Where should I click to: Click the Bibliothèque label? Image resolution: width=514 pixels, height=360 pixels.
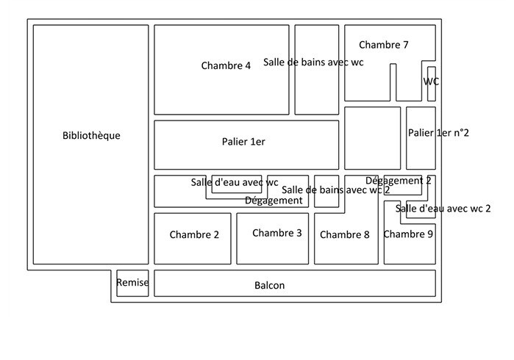click(x=91, y=136)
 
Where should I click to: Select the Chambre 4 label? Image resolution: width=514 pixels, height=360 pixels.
click(x=226, y=65)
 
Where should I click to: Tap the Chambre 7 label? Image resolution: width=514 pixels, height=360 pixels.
click(x=384, y=45)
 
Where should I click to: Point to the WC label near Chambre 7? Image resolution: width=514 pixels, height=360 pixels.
click(x=432, y=82)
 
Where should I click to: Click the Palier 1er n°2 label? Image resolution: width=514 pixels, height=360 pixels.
click(x=438, y=133)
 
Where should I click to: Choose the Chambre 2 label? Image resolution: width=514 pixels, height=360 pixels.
click(x=194, y=235)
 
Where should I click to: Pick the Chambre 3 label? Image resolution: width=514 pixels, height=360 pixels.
click(x=277, y=233)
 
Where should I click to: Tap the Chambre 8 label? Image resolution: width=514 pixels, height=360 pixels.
click(x=345, y=235)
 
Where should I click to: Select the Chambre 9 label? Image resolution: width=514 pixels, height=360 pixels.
click(x=408, y=234)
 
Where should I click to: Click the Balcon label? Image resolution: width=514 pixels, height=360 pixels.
click(x=269, y=286)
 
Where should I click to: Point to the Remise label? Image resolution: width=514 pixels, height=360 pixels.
click(x=132, y=282)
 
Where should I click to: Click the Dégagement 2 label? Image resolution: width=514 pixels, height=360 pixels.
click(x=399, y=181)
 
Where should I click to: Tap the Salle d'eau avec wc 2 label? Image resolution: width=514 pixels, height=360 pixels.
click(x=443, y=209)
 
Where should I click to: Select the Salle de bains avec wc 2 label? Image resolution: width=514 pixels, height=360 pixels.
click(x=335, y=190)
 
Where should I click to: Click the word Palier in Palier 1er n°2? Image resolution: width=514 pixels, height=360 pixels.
click(x=421, y=133)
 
